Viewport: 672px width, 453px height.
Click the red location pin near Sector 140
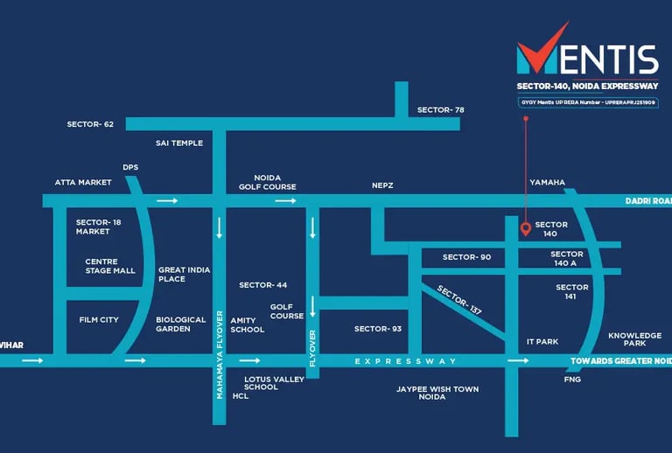point(525,229)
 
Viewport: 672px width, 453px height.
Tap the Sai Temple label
point(179,143)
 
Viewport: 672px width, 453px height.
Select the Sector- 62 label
point(90,124)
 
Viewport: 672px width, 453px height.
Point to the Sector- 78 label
point(440,109)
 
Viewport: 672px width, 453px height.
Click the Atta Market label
point(83,182)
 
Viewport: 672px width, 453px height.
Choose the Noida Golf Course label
point(268,182)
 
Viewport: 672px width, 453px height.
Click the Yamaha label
point(548,182)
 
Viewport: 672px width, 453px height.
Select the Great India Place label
point(184,275)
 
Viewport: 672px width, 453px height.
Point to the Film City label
point(99,320)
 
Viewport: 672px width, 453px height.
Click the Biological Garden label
point(180,324)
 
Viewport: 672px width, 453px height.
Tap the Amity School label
point(247,324)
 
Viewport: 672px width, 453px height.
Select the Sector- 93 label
point(377,329)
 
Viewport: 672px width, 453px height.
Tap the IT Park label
point(542,341)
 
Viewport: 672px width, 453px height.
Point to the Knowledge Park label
point(635,339)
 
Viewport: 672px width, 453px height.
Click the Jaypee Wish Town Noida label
point(437,393)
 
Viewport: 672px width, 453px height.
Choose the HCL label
point(241,396)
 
